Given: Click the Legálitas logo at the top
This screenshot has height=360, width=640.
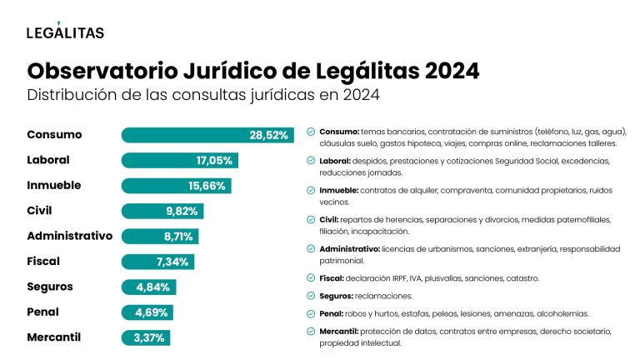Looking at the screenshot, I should [x=65, y=32].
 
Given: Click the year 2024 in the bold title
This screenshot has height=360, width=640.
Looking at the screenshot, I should [x=451, y=71].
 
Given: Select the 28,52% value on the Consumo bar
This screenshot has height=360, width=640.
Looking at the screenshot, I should [x=268, y=135].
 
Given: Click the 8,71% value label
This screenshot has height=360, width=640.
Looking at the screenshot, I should [x=179, y=237].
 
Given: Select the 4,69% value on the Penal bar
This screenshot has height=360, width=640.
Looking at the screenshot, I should [x=152, y=312].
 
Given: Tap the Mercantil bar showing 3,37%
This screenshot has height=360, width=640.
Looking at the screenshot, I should [x=146, y=338].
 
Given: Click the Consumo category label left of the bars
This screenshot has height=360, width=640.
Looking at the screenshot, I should [x=55, y=135].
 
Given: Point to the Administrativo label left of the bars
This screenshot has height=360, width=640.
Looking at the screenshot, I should [x=69, y=236].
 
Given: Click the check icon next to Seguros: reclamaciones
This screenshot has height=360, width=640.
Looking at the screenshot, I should [x=310, y=296].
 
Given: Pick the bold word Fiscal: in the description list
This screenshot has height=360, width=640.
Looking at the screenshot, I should [x=334, y=277].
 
